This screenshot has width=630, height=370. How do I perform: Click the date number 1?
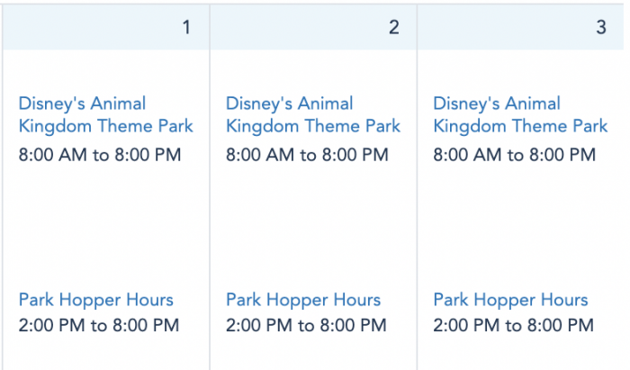click(x=186, y=27)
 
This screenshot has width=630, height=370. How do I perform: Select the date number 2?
click(x=394, y=27)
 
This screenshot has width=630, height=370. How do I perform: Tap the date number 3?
click(x=601, y=27)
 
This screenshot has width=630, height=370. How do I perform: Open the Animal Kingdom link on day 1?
click(x=106, y=115)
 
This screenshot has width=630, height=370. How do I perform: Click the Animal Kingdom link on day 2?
click(x=313, y=115)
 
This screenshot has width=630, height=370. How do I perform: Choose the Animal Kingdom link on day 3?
click(x=521, y=115)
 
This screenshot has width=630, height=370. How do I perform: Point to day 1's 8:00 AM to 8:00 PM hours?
click(x=100, y=155)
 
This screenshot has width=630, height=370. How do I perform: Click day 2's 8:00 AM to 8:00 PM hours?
click(x=308, y=155)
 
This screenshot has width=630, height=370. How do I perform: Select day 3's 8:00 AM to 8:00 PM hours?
click(x=515, y=155)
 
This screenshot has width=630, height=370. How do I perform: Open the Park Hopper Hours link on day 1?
click(x=96, y=300)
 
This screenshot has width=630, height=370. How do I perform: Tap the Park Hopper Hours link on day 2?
click(x=303, y=300)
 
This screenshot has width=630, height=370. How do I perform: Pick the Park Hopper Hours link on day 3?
click(x=510, y=300)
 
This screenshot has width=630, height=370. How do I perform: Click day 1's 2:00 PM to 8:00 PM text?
click(x=99, y=325)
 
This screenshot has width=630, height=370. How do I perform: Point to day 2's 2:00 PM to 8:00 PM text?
click(x=306, y=325)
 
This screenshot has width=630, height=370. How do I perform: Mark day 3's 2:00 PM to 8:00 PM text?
click(x=514, y=325)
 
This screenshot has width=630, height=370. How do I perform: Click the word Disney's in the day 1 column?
click(x=52, y=104)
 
